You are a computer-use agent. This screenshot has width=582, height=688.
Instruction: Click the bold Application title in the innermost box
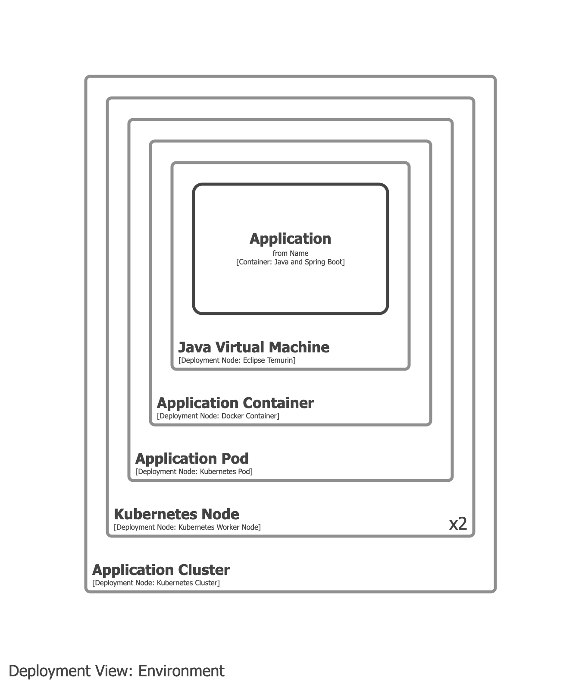(x=290, y=239)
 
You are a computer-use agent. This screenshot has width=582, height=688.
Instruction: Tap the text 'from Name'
(x=290, y=253)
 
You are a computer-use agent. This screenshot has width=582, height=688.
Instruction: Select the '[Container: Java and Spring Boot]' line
(x=290, y=262)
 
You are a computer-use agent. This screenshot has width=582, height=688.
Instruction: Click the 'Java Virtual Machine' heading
(x=253, y=347)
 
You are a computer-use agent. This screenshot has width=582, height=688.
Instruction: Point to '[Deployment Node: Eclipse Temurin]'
(x=237, y=360)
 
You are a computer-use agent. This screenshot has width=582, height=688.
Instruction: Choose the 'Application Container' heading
(x=235, y=403)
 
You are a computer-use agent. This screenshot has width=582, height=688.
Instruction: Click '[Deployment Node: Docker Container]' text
(x=218, y=416)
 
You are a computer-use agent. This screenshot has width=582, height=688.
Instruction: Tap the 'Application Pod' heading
(x=192, y=459)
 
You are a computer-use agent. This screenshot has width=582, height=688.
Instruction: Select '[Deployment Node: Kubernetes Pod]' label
(x=194, y=471)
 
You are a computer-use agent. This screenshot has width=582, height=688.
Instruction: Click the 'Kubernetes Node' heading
(x=176, y=514)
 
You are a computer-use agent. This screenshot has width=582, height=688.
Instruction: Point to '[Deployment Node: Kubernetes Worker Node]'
(x=187, y=527)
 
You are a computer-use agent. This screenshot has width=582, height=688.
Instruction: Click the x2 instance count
(x=458, y=524)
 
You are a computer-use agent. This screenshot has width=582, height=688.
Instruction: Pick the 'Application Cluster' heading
(x=161, y=570)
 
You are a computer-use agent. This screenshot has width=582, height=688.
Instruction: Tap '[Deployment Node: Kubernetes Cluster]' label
(x=156, y=583)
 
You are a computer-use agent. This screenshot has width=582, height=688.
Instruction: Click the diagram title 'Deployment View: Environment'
(x=116, y=671)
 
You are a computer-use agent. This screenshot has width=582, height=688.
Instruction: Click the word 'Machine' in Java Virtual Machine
(x=300, y=347)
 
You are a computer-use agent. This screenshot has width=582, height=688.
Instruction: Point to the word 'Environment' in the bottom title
(x=181, y=671)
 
